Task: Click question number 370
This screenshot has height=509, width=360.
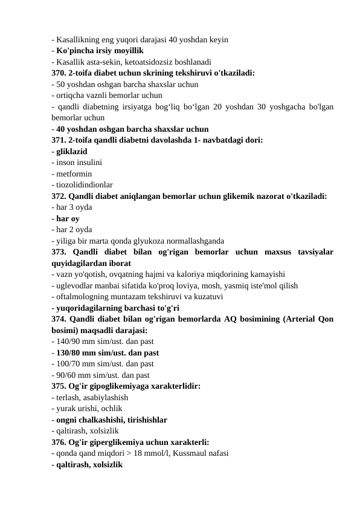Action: coord(59,73)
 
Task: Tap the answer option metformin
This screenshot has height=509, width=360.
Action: coord(72,173)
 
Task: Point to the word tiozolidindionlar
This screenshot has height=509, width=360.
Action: coord(84,184)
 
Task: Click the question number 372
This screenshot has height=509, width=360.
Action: coord(59,196)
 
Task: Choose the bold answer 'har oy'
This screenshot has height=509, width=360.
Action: coord(67,218)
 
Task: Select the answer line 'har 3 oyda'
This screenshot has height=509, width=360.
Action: coord(72,207)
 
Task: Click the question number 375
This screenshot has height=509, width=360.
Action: coord(59,386)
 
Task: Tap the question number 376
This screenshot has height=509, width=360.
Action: coord(59,442)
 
